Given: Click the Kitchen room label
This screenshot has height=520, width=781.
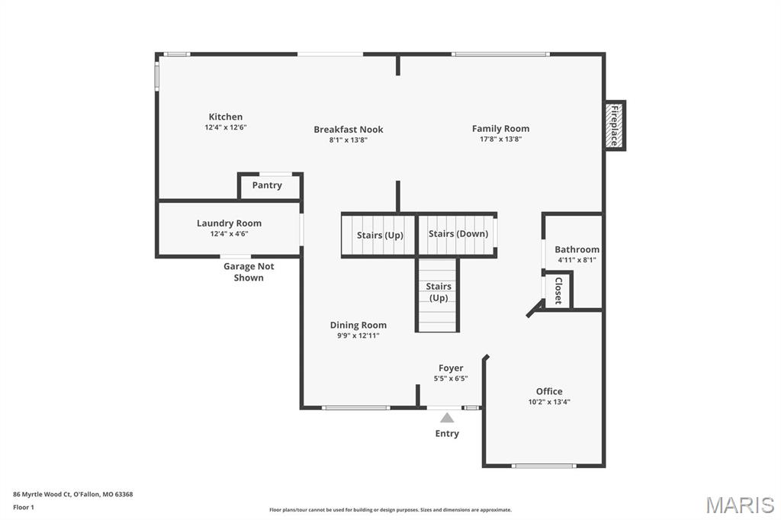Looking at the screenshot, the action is click(x=226, y=117).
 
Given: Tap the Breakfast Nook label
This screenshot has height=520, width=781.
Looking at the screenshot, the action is click(x=348, y=130).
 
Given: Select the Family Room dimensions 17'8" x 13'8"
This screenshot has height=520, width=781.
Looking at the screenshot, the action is click(x=500, y=139).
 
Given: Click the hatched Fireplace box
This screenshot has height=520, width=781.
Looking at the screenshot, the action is click(x=615, y=126).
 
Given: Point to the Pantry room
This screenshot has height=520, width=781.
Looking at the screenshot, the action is click(x=270, y=186).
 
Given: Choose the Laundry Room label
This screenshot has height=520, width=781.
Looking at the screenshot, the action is click(x=229, y=223).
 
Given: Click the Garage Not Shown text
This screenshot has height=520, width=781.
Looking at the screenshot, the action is click(x=249, y=272).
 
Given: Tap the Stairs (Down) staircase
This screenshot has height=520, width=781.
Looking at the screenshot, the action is click(x=456, y=235).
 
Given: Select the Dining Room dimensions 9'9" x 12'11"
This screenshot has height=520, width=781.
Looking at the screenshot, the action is click(x=358, y=335).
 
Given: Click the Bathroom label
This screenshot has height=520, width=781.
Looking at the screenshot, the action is click(x=577, y=249).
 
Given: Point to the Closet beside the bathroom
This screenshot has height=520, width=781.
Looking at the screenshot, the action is click(x=558, y=290).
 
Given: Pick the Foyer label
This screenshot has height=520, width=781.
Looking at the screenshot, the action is click(x=451, y=368).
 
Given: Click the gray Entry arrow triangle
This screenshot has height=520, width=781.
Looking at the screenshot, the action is click(x=447, y=417).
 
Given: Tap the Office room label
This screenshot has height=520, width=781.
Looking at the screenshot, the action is click(x=549, y=391).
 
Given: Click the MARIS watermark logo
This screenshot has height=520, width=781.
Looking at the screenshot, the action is click(x=740, y=505).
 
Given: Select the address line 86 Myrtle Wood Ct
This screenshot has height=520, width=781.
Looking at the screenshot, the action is click(x=72, y=495).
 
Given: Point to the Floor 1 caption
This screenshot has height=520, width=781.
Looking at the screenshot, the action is click(x=24, y=508).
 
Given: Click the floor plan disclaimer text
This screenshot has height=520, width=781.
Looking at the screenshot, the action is click(x=390, y=510).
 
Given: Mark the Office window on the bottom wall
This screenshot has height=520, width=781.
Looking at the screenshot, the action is click(x=544, y=466).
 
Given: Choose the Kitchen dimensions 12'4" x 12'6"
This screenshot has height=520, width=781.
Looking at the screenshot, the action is click(x=226, y=127).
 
